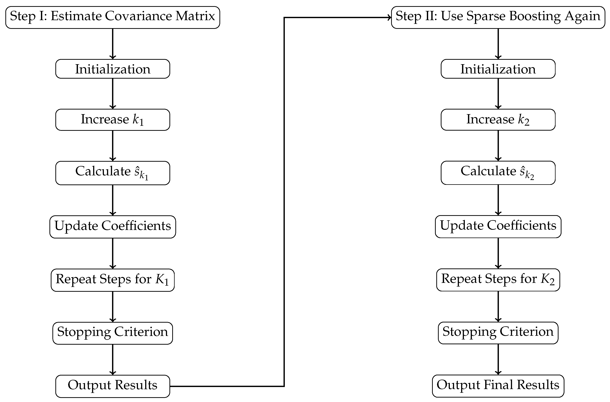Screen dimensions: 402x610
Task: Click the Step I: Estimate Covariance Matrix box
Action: click(112, 17)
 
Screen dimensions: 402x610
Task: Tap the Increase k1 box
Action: click(112, 120)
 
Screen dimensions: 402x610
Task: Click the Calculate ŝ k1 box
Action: click(112, 173)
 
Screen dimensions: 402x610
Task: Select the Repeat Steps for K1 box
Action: click(112, 280)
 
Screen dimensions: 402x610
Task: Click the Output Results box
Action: click(112, 386)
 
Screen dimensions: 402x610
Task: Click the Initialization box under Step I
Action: click(112, 69)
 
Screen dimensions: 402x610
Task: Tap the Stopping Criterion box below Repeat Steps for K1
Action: click(112, 333)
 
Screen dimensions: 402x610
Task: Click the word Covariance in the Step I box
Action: click(139, 16)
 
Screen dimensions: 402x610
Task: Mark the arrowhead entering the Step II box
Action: click(389, 17)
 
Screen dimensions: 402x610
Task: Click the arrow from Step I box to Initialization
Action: click(113, 44)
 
